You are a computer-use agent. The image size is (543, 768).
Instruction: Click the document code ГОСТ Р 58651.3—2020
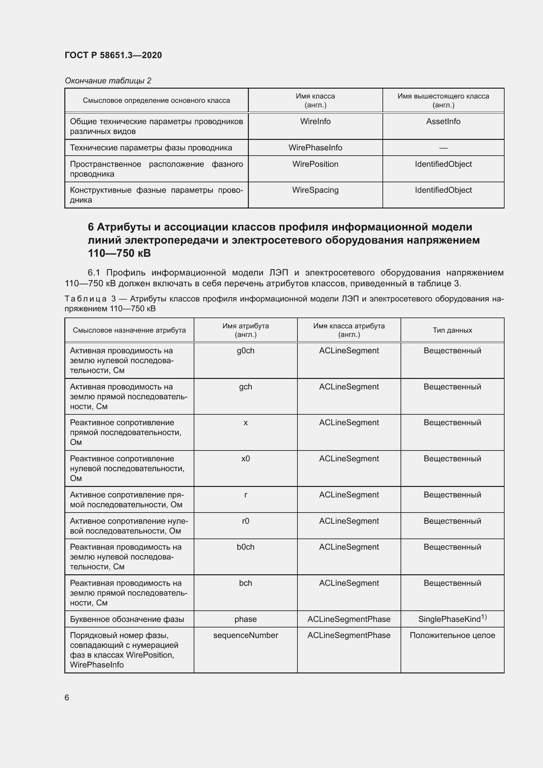point(113,55)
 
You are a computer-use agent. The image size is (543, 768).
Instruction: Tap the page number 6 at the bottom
point(67,697)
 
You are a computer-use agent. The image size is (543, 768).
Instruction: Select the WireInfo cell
point(315,121)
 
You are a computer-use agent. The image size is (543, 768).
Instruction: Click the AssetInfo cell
point(443,121)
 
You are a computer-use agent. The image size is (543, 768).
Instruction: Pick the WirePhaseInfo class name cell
point(315,147)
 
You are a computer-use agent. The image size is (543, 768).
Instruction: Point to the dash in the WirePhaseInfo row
point(443,147)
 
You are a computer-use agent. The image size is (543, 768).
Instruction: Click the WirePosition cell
point(315,164)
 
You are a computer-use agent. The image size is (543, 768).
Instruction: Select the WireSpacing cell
point(315,190)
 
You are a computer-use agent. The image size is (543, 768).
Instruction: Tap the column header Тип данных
point(452,330)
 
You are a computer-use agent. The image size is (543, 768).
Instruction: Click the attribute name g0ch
point(246,351)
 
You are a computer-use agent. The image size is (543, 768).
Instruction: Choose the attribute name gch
point(246,387)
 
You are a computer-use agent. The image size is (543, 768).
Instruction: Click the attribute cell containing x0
point(246,459)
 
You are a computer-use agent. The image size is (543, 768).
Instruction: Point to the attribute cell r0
point(246,521)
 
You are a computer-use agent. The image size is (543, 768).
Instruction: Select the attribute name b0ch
point(246,547)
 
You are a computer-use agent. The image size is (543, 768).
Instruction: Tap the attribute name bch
point(246,583)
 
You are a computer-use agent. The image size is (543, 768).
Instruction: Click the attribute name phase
point(246,619)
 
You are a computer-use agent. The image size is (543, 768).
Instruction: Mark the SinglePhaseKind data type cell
point(452,619)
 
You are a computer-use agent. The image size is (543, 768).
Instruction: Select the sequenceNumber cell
point(246,635)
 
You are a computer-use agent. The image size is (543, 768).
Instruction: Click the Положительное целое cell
point(452,635)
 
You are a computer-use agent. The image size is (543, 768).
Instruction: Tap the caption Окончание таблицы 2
point(108,81)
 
